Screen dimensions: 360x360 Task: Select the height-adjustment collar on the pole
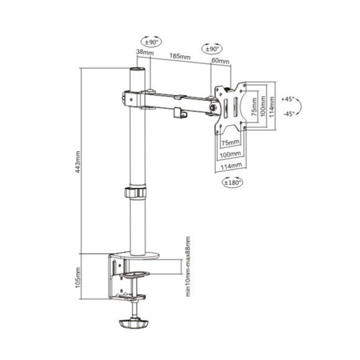tap(135, 193)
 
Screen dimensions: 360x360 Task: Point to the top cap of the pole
tap(135, 72)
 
